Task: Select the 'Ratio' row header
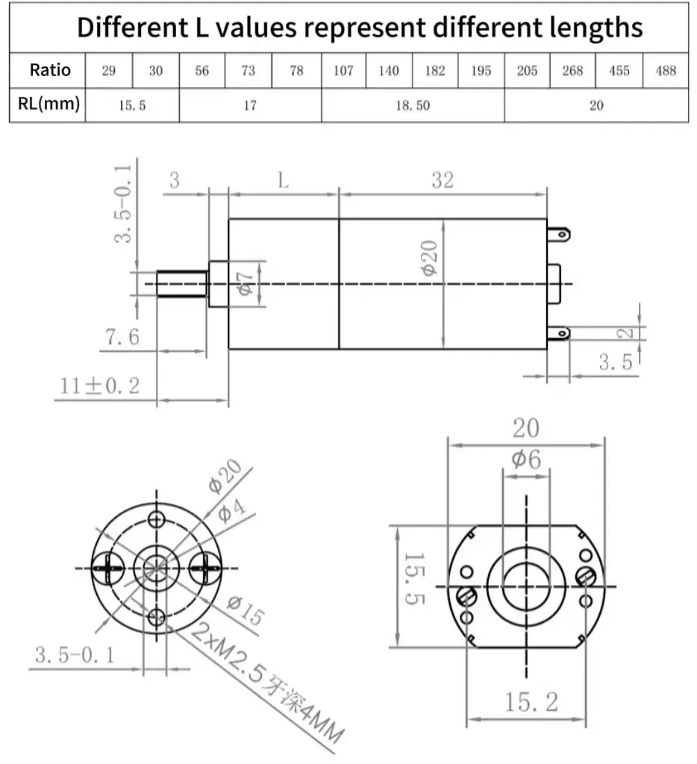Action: [x=50, y=70]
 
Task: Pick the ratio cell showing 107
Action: [x=343, y=71]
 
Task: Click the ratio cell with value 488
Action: [x=665, y=71]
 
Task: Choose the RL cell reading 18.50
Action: [x=413, y=105]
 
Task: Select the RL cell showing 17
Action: [x=250, y=105]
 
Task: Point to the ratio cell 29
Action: [x=109, y=71]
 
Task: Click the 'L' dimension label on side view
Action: [x=283, y=180]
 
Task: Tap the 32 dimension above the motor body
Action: [x=442, y=180]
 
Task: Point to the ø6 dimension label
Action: [x=525, y=460]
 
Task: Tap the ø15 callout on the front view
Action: [x=245, y=610]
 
